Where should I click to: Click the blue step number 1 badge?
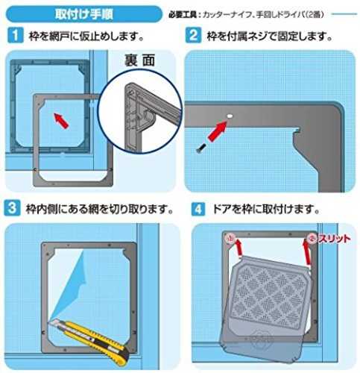point(15,35)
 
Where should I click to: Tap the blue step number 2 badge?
point(193,35)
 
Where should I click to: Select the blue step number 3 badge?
point(12,208)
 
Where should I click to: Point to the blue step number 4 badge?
point(198,209)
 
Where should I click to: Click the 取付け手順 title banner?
point(83,14)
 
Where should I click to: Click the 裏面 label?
point(139,60)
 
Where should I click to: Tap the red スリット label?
point(335,239)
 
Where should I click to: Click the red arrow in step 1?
point(61,121)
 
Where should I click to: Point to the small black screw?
point(200,148)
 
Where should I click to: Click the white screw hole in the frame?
point(230,116)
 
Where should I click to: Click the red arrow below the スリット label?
point(306,253)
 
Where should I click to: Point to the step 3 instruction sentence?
point(99,209)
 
